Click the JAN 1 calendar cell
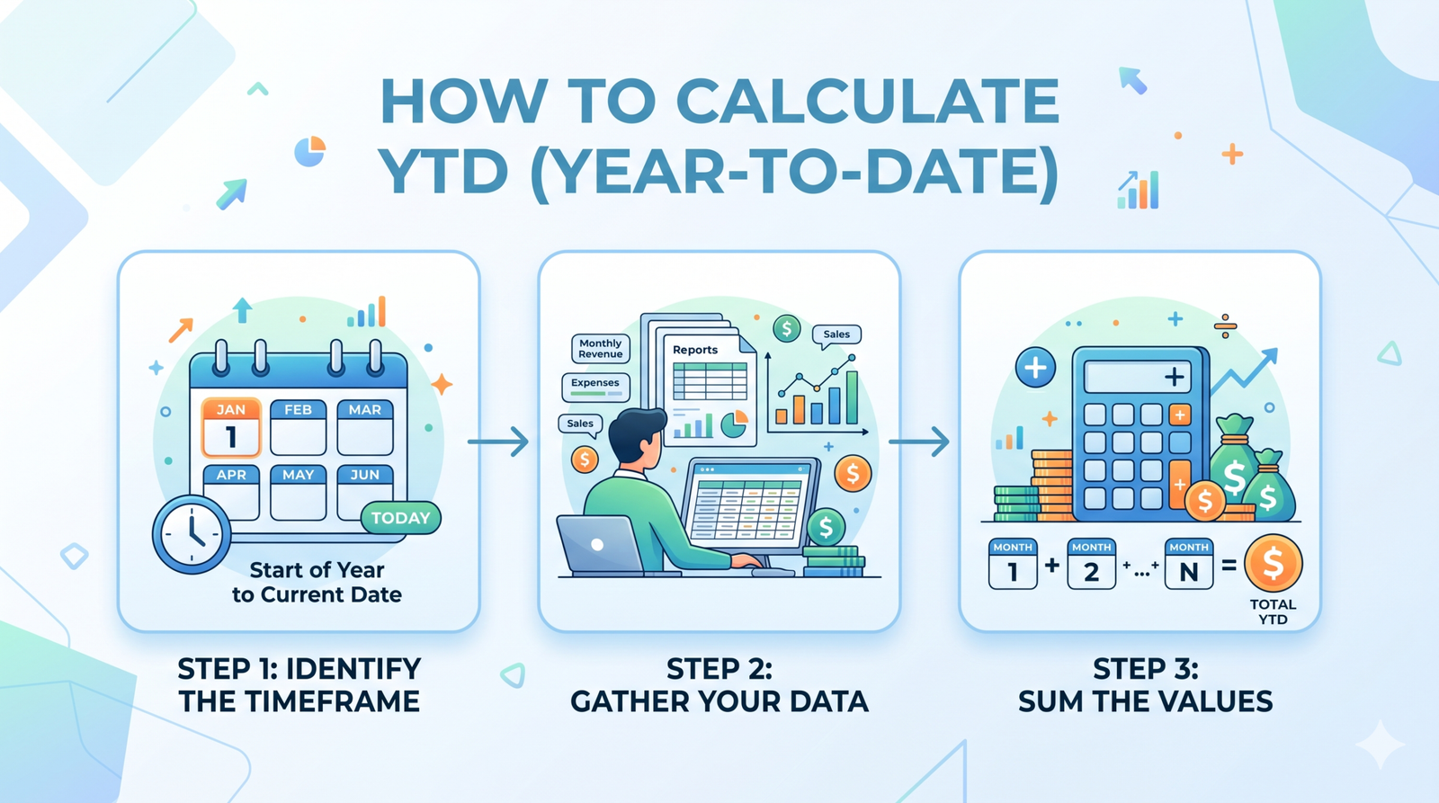tap(231, 428)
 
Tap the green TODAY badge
tap(400, 518)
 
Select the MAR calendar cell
tap(365, 428)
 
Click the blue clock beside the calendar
tap(192, 534)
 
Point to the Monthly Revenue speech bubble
tap(600, 349)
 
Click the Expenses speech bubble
tap(594, 386)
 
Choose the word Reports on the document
tap(695, 350)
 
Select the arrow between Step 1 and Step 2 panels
tap(498, 442)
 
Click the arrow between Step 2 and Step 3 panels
tap(919, 442)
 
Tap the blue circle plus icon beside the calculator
tap(1035, 368)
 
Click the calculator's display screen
tap(1137, 377)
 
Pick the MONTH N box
tap(1188, 564)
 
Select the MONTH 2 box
tap(1091, 564)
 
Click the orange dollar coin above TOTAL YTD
tap(1273, 563)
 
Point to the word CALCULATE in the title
tap(867, 101)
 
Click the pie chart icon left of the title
tap(309, 151)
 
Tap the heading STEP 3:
tap(1145, 669)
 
